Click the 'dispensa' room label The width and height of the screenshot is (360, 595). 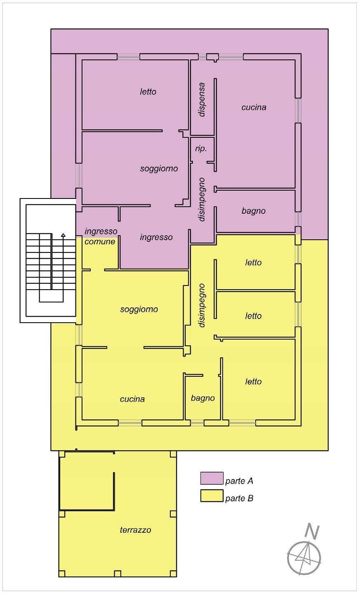pyautogui.click(x=202, y=99)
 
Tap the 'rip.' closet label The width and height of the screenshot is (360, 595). pyautogui.click(x=201, y=149)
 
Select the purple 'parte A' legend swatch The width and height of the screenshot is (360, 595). pyautogui.click(x=212, y=478)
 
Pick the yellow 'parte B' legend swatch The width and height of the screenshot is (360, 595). pyautogui.click(x=212, y=496)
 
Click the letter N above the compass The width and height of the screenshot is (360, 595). pyautogui.click(x=312, y=531)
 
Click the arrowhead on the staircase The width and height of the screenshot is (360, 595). pyautogui.click(x=63, y=235)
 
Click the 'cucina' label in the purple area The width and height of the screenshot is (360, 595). pyautogui.click(x=254, y=107)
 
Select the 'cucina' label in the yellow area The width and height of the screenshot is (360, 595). pyautogui.click(x=132, y=399)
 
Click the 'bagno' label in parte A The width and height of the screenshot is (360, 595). pyautogui.click(x=254, y=211)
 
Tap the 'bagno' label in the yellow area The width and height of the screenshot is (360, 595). pyautogui.click(x=203, y=398)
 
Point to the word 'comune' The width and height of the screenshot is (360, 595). pyautogui.click(x=100, y=242)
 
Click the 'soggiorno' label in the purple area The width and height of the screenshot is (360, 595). pyautogui.click(x=159, y=169)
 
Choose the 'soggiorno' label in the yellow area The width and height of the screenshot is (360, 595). pyautogui.click(x=139, y=309)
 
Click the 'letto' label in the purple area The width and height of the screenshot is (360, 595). pyautogui.click(x=148, y=92)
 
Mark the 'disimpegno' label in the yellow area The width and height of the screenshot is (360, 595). pyautogui.click(x=202, y=305)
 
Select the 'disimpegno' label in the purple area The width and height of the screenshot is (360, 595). pyautogui.click(x=202, y=199)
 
